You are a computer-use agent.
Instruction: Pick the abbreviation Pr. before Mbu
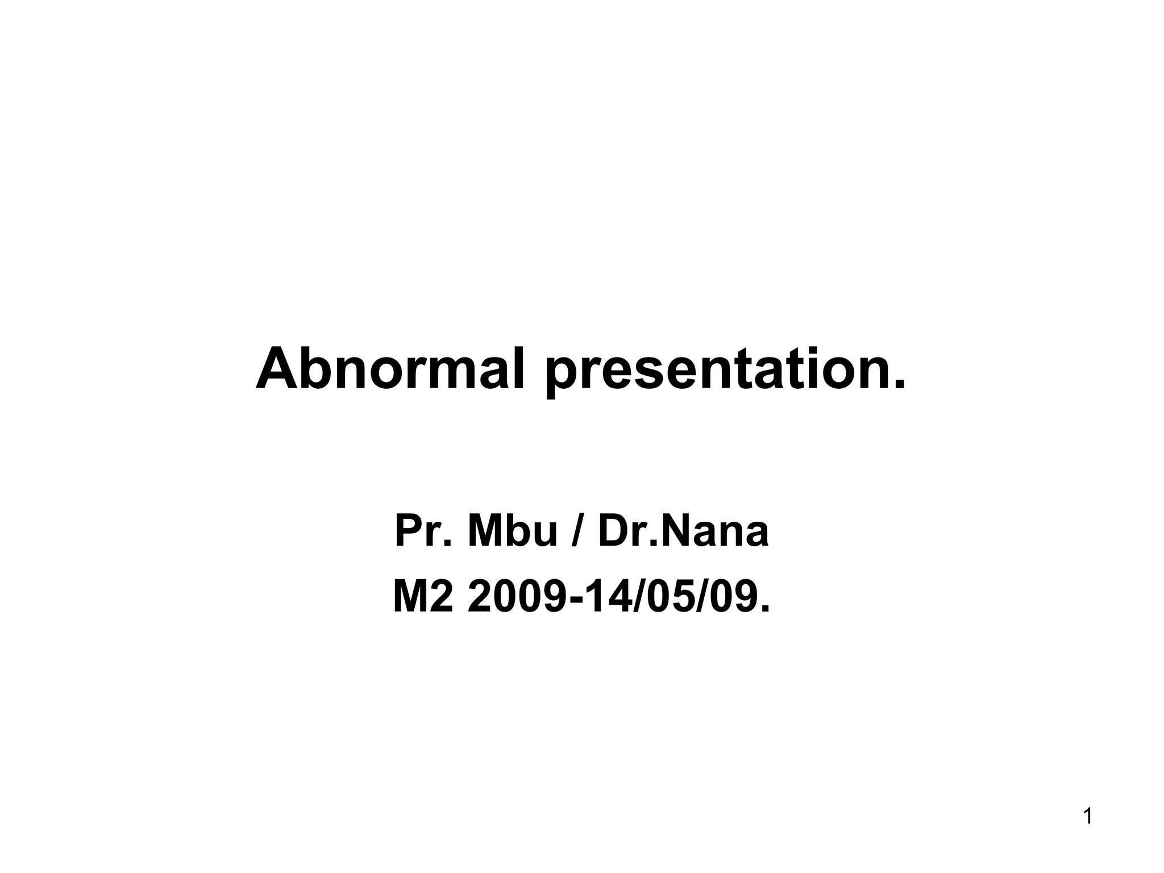423,531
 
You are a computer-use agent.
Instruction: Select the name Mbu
512,531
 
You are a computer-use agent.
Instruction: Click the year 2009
518,598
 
